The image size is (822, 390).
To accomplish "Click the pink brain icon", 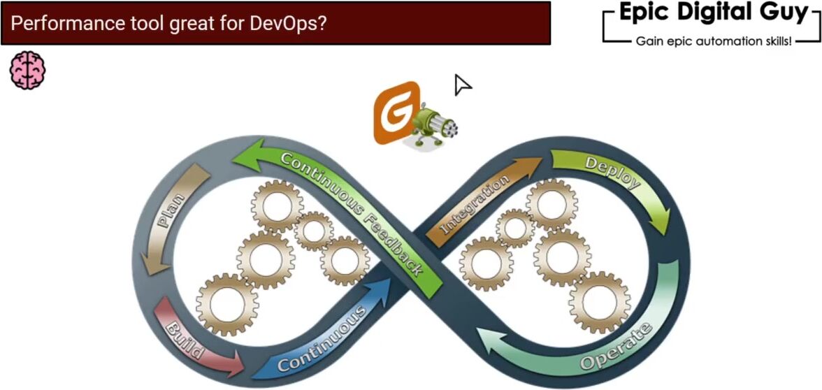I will pyautogui.click(x=27, y=70).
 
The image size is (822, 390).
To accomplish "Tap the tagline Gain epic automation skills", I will pyautogui.click(x=713, y=42).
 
